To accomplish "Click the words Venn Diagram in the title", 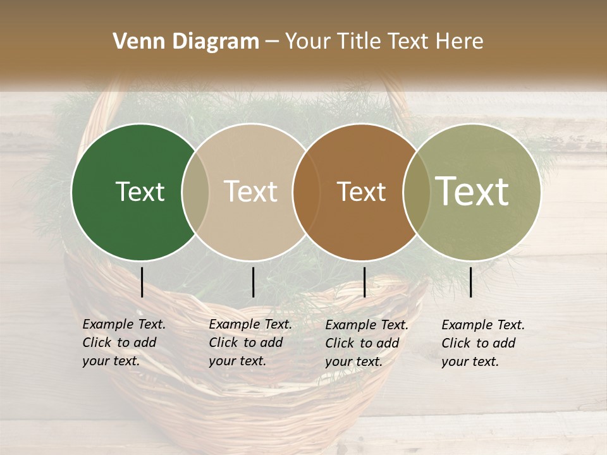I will point(186,42).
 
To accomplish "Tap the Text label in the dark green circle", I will point(140,191).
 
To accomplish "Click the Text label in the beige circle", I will point(250,191).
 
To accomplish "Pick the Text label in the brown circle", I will point(361,191).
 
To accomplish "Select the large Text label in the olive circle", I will point(472,191).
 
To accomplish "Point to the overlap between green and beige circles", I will point(195,192).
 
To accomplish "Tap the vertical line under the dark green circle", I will point(142,282).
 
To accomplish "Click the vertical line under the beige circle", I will point(254,282).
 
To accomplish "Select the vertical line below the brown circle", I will point(365,282).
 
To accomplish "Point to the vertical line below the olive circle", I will point(471,282).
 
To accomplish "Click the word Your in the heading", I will point(309,42).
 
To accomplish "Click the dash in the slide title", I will point(272,42).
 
